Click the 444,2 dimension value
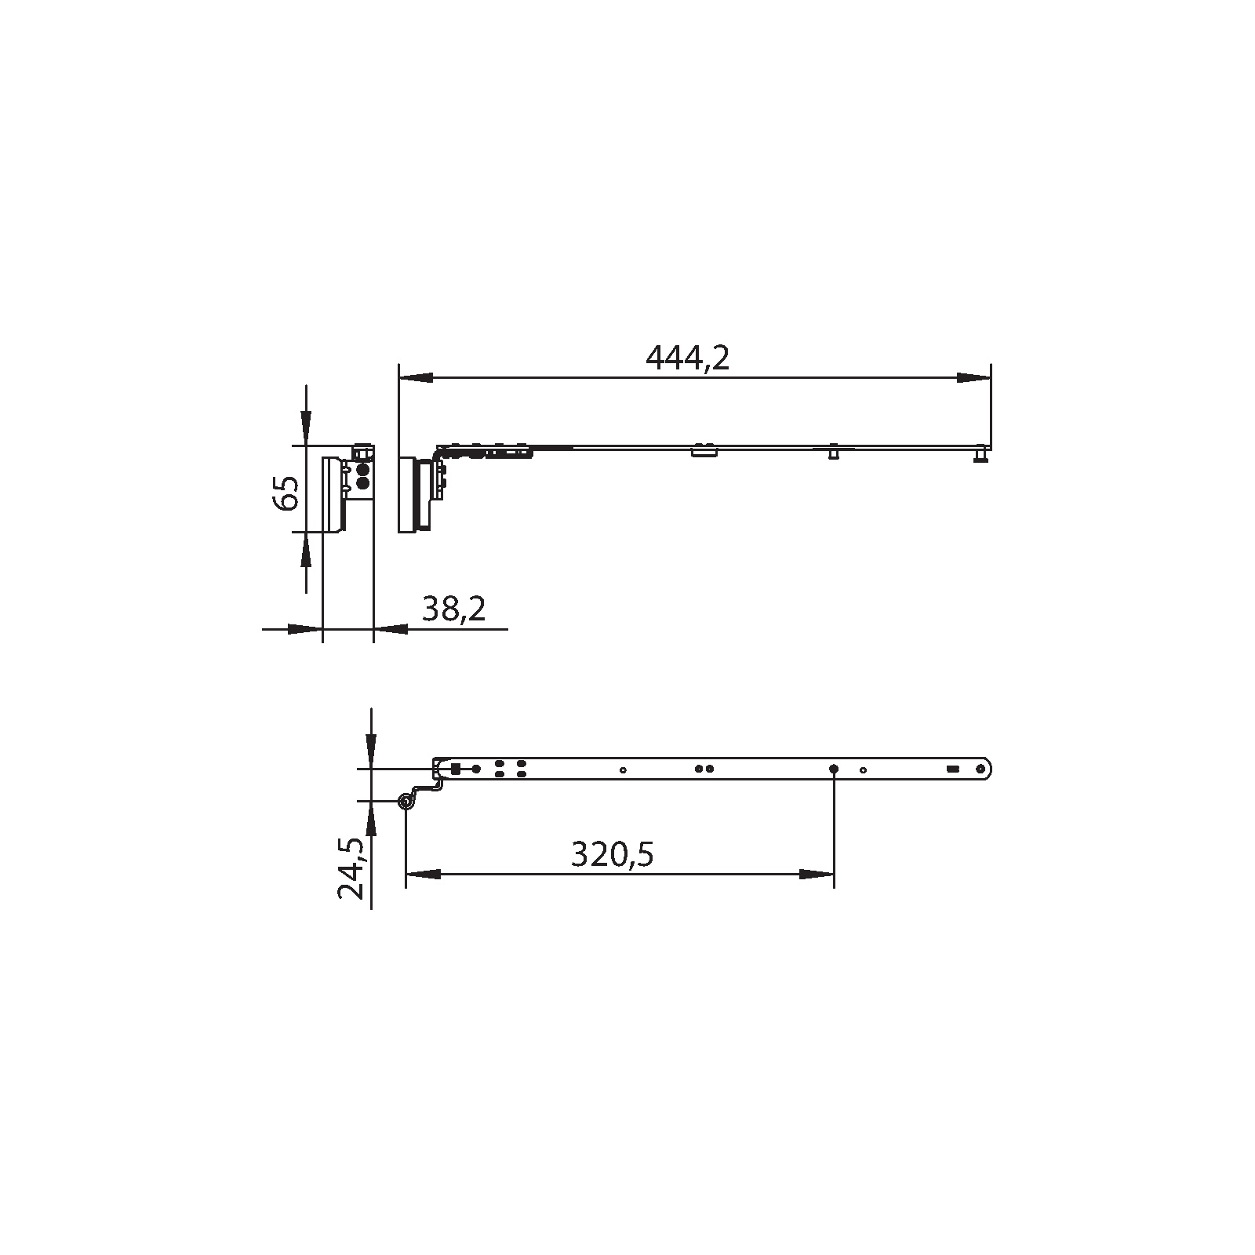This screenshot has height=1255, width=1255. click(687, 359)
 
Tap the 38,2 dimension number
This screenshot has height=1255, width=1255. click(454, 609)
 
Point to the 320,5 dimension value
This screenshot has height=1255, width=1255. click(612, 855)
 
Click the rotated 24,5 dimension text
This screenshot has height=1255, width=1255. click(352, 868)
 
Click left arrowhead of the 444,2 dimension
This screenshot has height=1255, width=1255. click(416, 378)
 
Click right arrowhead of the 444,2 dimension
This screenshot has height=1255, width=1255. click(973, 378)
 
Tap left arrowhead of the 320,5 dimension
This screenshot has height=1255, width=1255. click(423, 874)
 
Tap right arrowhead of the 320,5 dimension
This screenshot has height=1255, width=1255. click(816, 874)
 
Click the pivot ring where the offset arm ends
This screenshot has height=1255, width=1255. click(406, 802)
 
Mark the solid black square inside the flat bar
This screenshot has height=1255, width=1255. click(456, 769)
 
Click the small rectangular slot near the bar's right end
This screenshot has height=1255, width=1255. click(952, 769)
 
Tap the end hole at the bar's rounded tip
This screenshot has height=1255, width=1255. click(980, 769)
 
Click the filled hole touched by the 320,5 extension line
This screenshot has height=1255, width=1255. click(834, 769)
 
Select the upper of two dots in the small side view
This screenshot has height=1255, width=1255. click(362, 470)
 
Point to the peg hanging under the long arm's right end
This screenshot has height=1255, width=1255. click(980, 456)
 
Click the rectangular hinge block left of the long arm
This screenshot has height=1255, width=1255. click(408, 495)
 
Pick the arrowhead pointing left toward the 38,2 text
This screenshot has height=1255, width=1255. click(391, 628)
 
